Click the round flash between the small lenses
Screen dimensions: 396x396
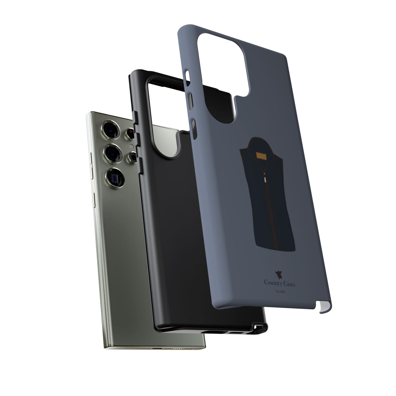[x=132, y=146]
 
